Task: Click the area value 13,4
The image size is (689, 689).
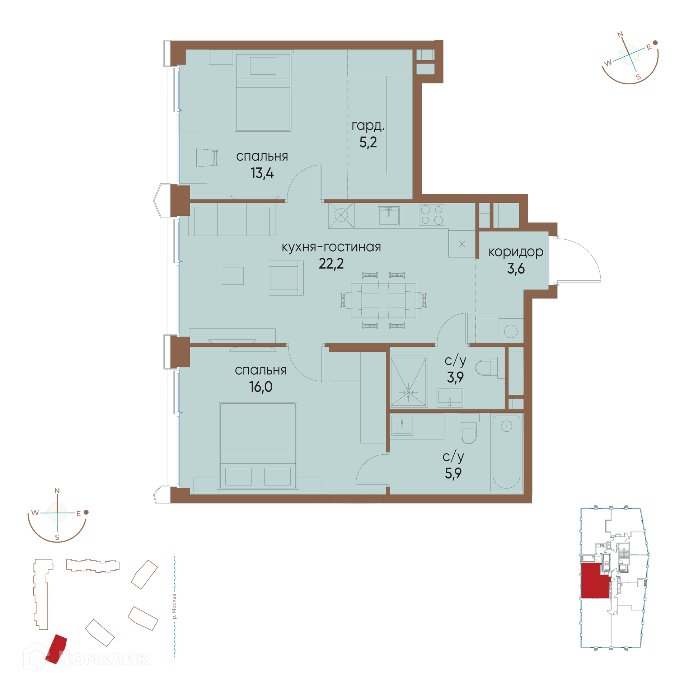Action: coord(262,173)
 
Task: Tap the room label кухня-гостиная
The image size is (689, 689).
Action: coord(331,247)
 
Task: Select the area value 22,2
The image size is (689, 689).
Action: coord(331,264)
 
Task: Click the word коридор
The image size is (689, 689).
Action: coord(516,252)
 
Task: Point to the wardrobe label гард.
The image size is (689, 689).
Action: coord(368,126)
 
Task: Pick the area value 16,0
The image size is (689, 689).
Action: coord(261,387)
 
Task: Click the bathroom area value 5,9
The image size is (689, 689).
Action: coord(453,474)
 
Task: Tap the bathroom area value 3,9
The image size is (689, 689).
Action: coord(455,377)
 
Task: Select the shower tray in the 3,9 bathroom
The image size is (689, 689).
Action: coord(409,382)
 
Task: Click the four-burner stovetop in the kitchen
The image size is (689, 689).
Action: coord(432,215)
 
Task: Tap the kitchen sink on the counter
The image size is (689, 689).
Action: coord(389,216)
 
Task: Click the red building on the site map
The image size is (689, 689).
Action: coord(56,649)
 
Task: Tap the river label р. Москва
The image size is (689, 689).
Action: coord(174,606)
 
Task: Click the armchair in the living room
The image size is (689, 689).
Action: coord(286,278)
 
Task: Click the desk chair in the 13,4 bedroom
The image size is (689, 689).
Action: coord(207,158)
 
